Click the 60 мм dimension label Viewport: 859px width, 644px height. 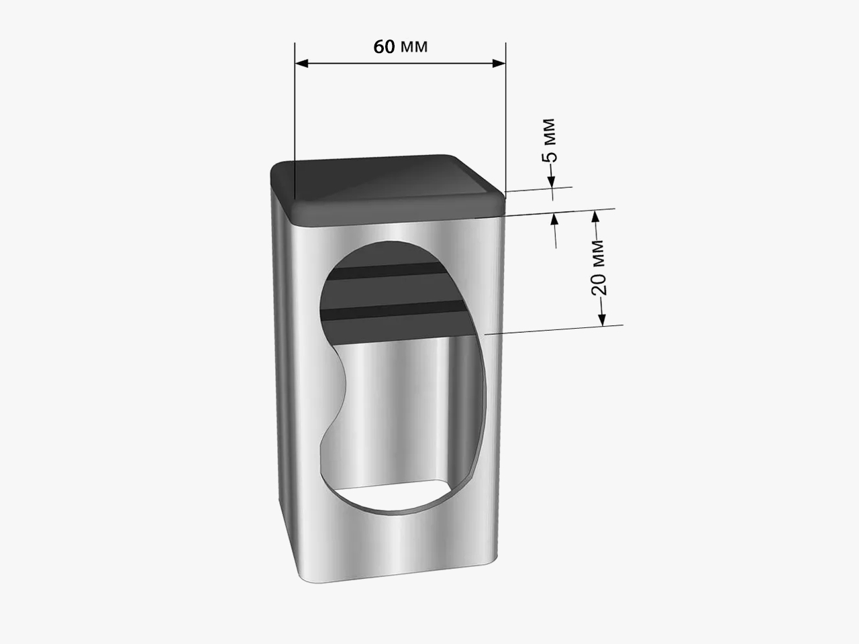(x=401, y=46)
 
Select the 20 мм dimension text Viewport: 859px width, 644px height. (x=599, y=268)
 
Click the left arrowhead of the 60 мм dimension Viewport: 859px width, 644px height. (x=301, y=63)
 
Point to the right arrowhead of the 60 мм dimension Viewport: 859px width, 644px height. (x=499, y=63)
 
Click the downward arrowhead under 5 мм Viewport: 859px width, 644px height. (x=551, y=182)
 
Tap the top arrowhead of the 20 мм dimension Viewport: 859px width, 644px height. (x=595, y=217)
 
